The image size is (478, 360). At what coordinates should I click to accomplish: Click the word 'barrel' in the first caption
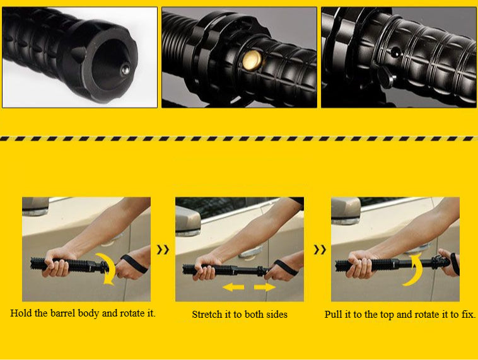point(78,313)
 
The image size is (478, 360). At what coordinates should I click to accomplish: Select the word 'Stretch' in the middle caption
point(207,314)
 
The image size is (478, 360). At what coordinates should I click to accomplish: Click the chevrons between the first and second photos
point(163,250)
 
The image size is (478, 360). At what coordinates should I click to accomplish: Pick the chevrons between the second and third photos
point(320,250)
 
